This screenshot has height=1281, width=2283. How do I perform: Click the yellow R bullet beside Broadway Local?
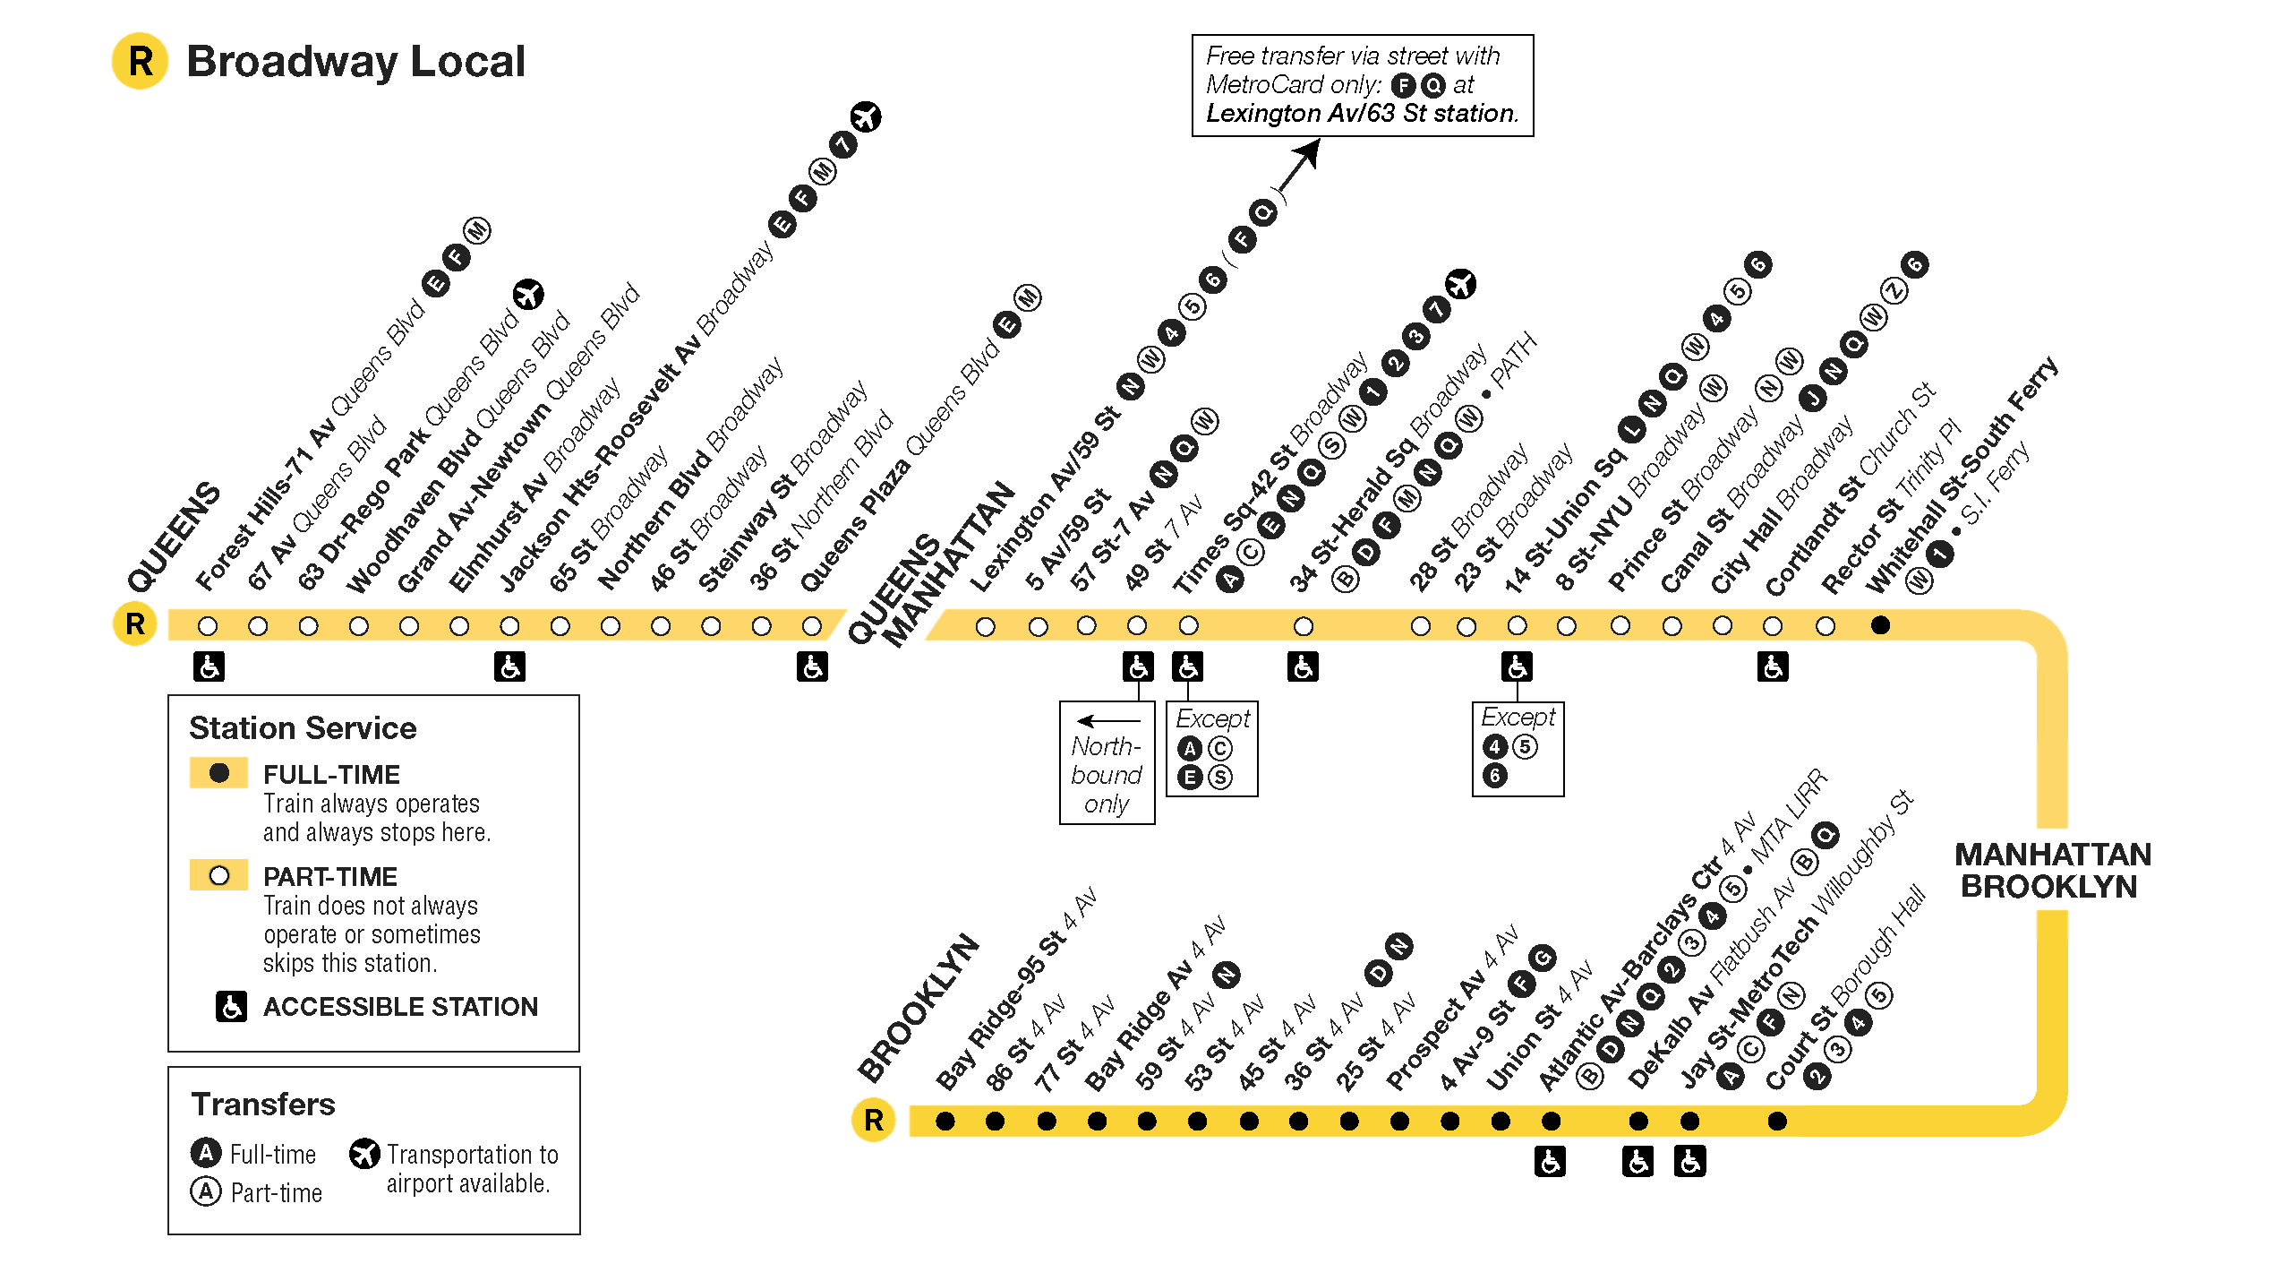140,61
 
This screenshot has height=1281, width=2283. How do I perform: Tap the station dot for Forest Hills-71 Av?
208,626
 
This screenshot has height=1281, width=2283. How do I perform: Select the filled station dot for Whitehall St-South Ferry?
1880,625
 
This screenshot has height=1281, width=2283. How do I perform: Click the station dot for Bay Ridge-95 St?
945,1121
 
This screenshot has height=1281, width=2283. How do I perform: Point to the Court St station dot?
1777,1121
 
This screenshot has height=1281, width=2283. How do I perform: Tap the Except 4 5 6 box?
1518,749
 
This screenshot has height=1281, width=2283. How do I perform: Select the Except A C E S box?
1211,749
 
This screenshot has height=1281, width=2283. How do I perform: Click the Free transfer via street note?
1362,85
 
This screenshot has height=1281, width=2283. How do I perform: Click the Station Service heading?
303,727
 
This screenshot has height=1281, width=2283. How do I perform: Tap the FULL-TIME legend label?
331,774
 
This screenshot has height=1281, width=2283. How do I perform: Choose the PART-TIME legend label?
329,876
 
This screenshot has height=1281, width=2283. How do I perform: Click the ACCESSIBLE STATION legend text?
400,1007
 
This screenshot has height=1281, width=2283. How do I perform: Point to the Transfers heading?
263,1104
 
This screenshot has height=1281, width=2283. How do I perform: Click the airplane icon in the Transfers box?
364,1154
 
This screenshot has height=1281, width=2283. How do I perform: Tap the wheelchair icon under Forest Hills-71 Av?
209,666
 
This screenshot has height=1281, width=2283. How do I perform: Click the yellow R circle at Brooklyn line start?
873,1120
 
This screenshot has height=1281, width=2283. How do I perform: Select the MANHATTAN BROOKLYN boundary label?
2051,870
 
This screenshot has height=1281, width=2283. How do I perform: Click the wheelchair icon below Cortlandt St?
1772,666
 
